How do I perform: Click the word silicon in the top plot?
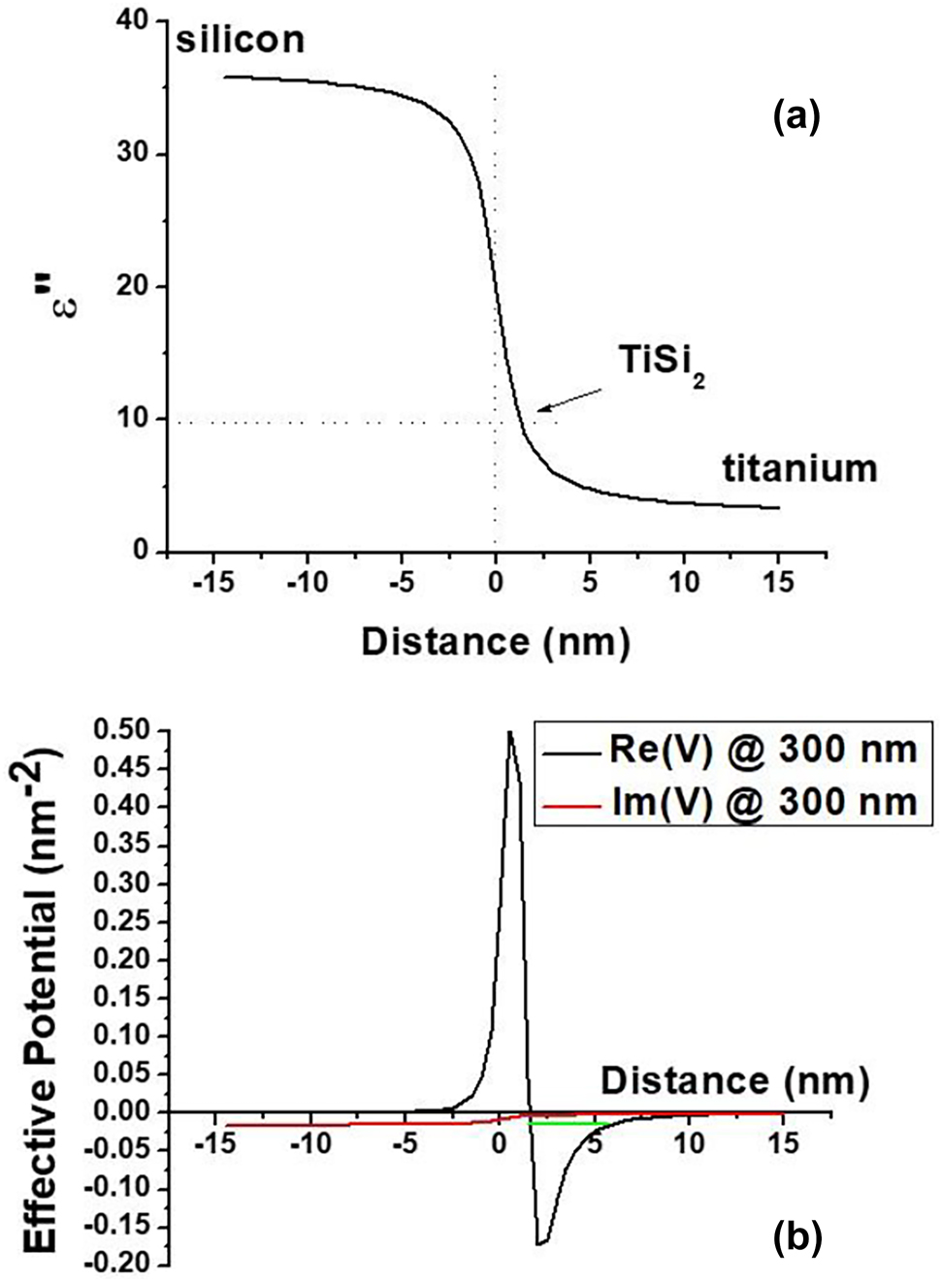pyautogui.click(x=240, y=40)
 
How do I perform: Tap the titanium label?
pyautogui.click(x=799, y=468)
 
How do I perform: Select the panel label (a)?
pyautogui.click(x=796, y=117)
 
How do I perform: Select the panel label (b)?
pyautogui.click(x=797, y=1236)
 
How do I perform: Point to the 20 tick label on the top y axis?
pyautogui.click(x=133, y=286)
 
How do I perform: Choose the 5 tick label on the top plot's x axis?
pyautogui.click(x=590, y=582)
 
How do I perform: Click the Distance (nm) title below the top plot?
pyautogui.click(x=496, y=642)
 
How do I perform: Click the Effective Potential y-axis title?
pyautogui.click(x=41, y=999)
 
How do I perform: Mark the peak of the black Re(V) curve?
pyautogui.click(x=510, y=732)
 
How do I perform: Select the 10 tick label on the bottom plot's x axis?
pyautogui.click(x=689, y=1142)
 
